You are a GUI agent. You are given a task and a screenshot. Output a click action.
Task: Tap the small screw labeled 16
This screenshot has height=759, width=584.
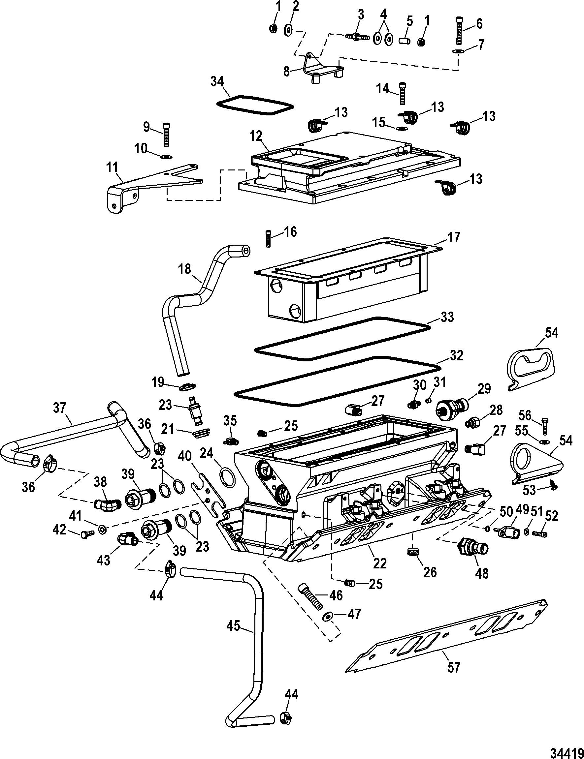tap(268, 239)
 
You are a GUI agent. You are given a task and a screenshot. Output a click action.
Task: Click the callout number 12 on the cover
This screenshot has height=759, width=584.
tap(256, 136)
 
